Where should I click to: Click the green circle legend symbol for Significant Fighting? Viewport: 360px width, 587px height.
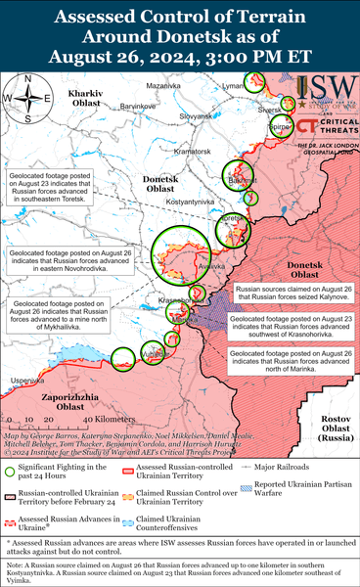coord(13,472)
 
